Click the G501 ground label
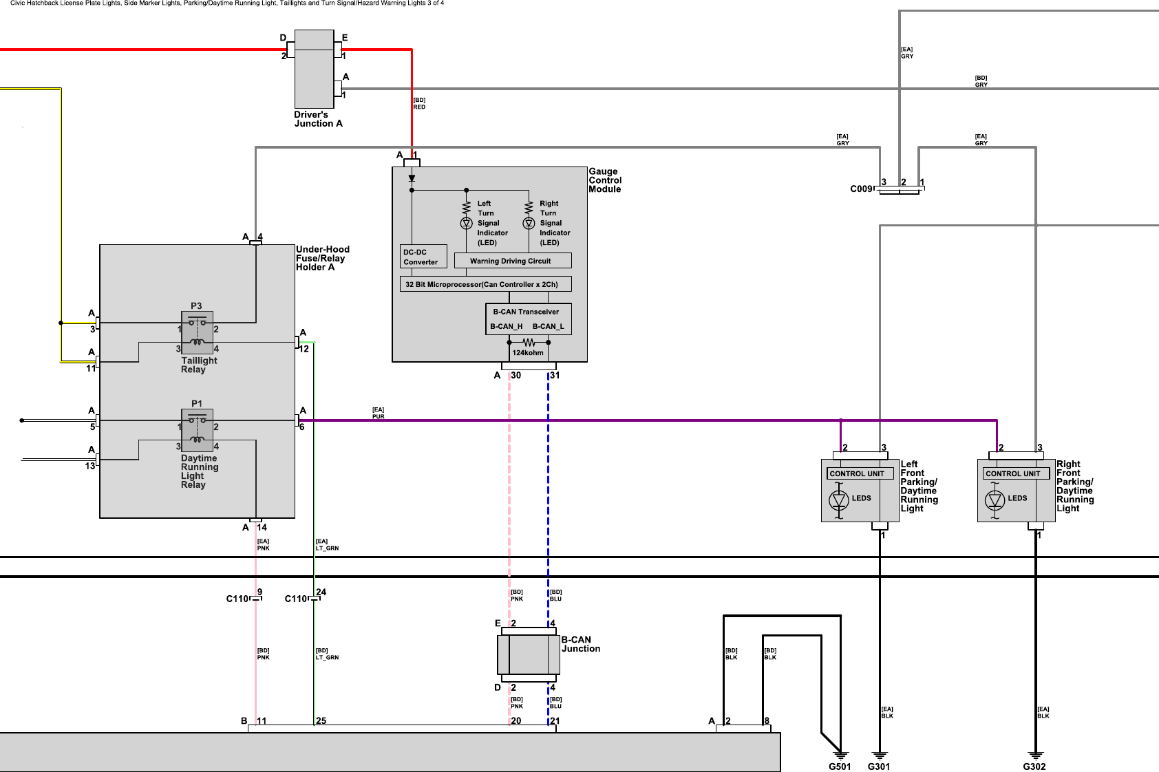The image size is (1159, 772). (839, 766)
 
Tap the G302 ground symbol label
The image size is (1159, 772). (1034, 766)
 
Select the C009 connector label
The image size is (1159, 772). (861, 189)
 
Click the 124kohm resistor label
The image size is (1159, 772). (528, 353)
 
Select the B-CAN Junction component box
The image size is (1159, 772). (529, 654)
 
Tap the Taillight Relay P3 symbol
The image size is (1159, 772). (197, 332)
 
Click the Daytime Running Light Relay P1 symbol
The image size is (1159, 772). (197, 430)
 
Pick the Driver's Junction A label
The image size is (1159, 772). (318, 119)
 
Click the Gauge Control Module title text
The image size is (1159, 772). (604, 180)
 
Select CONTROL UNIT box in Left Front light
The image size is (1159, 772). (860, 473)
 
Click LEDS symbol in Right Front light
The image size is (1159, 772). (995, 499)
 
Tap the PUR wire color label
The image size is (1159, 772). (378, 417)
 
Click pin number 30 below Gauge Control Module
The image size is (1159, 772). (515, 376)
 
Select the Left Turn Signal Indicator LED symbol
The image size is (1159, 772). (466, 224)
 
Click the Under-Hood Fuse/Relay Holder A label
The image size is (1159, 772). (322, 258)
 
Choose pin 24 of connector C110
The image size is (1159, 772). (321, 592)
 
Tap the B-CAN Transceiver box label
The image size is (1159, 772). (526, 312)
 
